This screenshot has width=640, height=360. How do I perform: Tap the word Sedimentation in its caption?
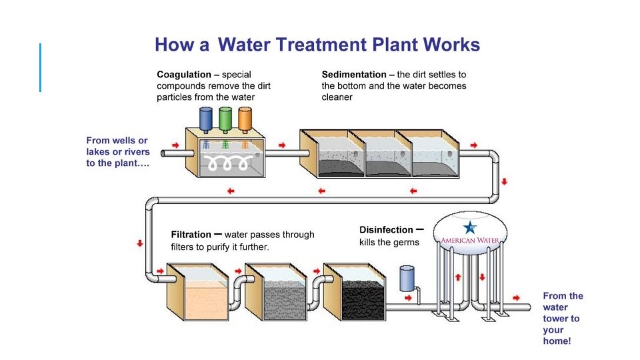(353, 75)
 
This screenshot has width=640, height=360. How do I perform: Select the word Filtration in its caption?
(191, 235)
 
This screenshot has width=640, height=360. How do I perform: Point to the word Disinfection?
(386, 230)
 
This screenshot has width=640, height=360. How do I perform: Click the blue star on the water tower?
(471, 227)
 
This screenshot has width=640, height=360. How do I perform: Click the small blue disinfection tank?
(407, 278)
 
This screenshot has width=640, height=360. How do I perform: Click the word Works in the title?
(451, 45)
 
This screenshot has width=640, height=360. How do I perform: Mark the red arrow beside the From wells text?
(175, 145)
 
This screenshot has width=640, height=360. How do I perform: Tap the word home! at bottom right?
(557, 341)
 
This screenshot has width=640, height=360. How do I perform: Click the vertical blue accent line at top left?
(40, 67)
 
